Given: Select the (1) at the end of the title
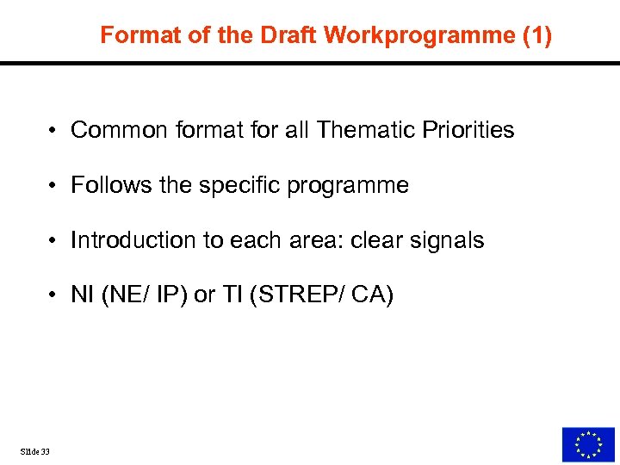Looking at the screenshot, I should (x=534, y=35).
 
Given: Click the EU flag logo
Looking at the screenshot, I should (x=588, y=444).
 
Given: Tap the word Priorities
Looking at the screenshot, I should (x=469, y=130).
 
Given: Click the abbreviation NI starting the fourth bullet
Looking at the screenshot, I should (x=82, y=295).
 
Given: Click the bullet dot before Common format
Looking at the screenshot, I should (x=53, y=131).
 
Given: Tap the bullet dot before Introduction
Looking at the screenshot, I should (x=53, y=241).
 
